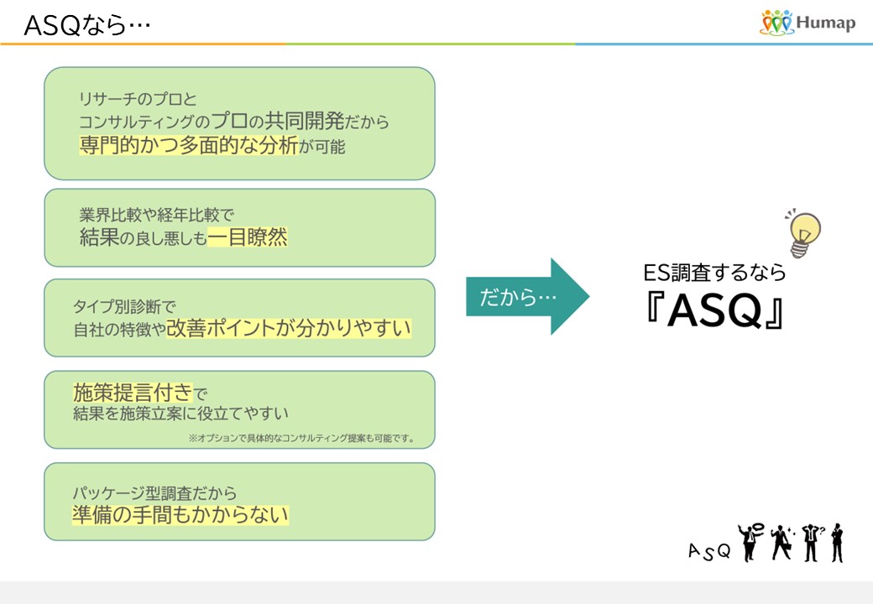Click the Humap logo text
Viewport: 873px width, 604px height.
click(x=827, y=23)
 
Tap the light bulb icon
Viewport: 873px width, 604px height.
click(x=804, y=232)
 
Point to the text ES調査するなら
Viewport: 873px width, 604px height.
click(x=714, y=273)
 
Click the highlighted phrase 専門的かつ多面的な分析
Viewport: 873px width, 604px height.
click(x=189, y=145)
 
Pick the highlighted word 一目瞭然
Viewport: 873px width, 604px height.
click(x=248, y=238)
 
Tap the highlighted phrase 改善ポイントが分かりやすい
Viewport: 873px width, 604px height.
click(x=289, y=328)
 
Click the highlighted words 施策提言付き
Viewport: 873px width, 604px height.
click(x=133, y=392)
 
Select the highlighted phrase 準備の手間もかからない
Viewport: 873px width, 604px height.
click(x=180, y=513)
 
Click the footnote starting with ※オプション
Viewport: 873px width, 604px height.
click(x=301, y=438)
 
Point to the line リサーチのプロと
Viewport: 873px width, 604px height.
click(x=137, y=99)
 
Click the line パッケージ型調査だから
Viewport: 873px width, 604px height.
click(x=154, y=492)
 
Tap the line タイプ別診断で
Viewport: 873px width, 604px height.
click(x=124, y=306)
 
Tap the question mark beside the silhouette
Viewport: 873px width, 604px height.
click(x=821, y=529)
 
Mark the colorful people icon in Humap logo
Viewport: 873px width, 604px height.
click(x=776, y=23)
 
